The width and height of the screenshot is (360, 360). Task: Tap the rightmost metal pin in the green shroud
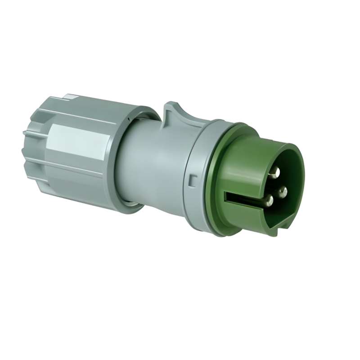pyautogui.click(x=283, y=193)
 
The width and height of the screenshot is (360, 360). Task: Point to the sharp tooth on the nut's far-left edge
pyautogui.click(x=24, y=132)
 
